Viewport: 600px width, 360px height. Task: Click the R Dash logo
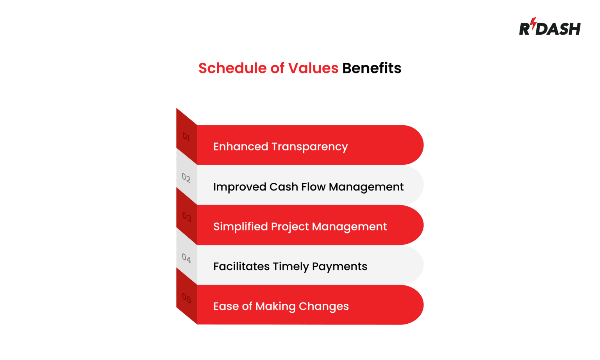click(x=549, y=27)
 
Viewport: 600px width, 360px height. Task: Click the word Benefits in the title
click(x=371, y=68)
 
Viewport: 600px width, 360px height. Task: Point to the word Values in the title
click(x=313, y=68)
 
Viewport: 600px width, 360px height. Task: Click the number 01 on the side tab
click(x=186, y=137)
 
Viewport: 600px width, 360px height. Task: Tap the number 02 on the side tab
click(x=186, y=178)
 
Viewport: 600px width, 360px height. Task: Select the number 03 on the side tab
click(x=186, y=217)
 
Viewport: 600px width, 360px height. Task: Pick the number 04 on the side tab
click(x=186, y=258)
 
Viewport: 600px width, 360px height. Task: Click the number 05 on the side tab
click(x=186, y=299)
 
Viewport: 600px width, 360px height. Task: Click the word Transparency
click(x=309, y=147)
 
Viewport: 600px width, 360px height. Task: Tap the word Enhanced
click(x=241, y=147)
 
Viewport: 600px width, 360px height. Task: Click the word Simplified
click(x=240, y=227)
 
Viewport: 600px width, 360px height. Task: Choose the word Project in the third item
click(x=290, y=227)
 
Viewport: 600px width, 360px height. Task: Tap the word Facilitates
click(x=241, y=267)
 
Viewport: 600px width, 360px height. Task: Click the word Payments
click(x=339, y=267)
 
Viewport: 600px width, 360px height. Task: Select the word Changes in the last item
click(x=323, y=307)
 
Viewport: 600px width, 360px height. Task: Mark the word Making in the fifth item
click(x=275, y=307)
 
